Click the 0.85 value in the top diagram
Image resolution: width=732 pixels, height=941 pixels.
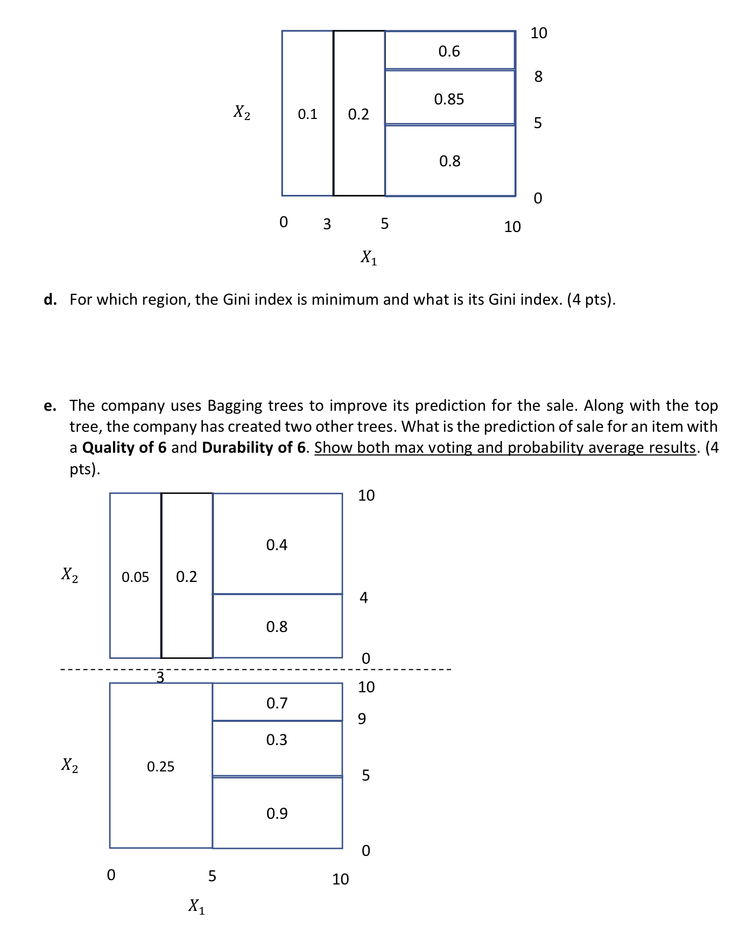click(449, 99)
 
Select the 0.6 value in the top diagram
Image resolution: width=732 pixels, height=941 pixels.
click(449, 51)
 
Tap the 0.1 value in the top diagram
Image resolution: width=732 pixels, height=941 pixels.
click(307, 114)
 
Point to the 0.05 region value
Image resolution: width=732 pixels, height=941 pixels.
click(135, 577)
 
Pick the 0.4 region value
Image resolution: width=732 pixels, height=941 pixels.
click(277, 545)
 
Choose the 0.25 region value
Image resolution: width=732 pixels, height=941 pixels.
click(160, 767)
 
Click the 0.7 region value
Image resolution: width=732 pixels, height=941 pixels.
click(277, 703)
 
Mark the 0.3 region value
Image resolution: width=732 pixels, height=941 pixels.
click(277, 740)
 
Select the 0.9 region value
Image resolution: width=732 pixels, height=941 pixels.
click(277, 813)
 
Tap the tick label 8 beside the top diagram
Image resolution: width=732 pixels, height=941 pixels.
click(538, 76)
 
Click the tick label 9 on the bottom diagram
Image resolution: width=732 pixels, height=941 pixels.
click(362, 719)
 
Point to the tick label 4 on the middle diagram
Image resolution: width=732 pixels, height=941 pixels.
click(364, 598)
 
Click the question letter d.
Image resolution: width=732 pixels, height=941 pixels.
click(50, 299)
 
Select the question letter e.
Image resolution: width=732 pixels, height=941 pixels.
click(50, 406)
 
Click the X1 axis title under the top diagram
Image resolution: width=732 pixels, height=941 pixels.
click(369, 257)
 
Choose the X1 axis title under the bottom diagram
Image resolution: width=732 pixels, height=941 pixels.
click(196, 906)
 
